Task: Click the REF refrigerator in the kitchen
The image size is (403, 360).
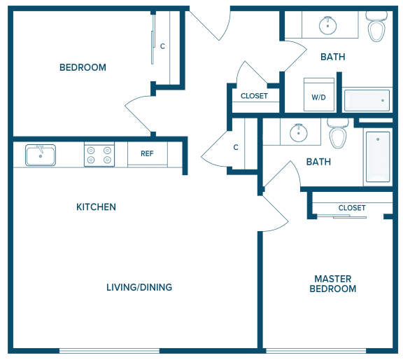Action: pos(148,153)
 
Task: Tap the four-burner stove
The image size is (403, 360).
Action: pos(99,154)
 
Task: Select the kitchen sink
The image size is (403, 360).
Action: pos(41,155)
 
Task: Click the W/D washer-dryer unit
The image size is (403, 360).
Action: pos(319,95)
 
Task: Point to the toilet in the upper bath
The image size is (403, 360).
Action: pos(376,27)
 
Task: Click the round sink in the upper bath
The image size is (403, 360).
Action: pos(327,25)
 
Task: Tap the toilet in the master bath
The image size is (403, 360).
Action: pos(338,134)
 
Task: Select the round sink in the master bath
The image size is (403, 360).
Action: pos(298,132)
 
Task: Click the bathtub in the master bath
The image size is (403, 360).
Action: pos(378,157)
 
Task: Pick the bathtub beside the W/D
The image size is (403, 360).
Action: pos(367,100)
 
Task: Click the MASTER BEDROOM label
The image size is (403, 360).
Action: pos(333,284)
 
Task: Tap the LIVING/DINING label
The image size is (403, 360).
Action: pos(139,287)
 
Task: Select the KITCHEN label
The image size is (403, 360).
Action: pos(96,207)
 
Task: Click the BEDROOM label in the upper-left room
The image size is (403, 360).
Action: pos(83,67)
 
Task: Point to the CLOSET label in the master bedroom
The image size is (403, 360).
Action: pos(352,207)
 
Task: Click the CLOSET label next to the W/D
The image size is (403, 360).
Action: pos(254,96)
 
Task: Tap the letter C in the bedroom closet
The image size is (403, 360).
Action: pos(162,46)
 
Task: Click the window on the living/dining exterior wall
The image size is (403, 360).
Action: pos(109,351)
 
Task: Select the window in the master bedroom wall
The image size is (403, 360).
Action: pos(316,351)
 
